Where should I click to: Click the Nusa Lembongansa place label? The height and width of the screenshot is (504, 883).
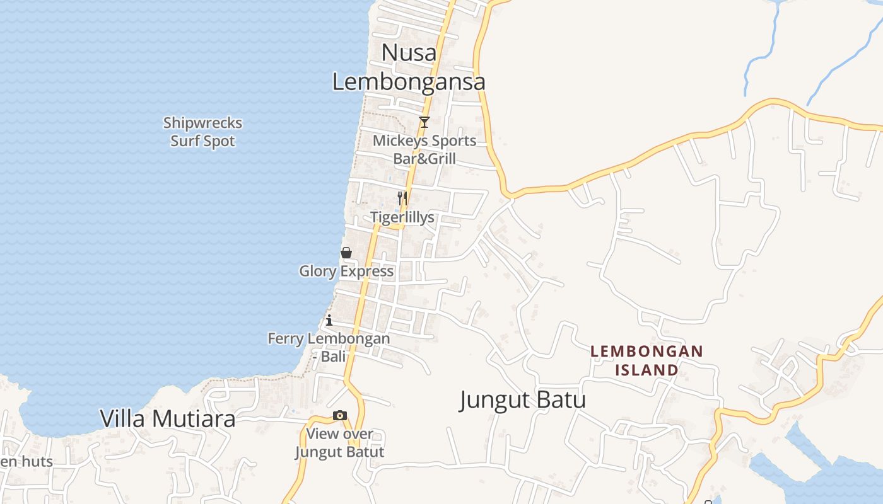pos(409,67)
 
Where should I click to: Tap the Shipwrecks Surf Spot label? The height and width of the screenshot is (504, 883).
pos(202,132)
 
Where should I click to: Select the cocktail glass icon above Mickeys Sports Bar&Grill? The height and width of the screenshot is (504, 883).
pos(424,122)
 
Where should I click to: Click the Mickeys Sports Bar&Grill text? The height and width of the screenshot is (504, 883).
pos(424,149)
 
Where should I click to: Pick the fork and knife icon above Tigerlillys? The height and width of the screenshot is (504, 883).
pos(402,198)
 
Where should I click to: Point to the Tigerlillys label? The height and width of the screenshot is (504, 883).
pos(402,217)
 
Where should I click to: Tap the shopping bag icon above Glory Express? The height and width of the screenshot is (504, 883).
pos(346,253)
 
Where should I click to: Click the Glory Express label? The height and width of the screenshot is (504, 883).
pos(346,272)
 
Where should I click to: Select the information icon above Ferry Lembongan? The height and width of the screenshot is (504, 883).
pos(329,320)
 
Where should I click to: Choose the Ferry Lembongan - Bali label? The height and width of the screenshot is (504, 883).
pos(329,347)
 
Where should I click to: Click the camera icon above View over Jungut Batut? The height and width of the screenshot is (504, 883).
pos(340,415)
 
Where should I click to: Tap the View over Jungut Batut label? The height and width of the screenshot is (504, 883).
pos(340,443)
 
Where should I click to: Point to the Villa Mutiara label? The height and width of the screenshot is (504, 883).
pos(168,418)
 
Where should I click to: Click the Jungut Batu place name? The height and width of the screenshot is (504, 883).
pos(523,400)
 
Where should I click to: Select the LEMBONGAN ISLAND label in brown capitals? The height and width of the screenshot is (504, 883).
pos(646,360)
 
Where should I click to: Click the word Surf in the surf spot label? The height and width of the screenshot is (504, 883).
pos(185,141)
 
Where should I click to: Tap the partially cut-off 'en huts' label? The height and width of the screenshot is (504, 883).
pos(26,461)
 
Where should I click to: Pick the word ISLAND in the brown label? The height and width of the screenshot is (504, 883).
pos(646,370)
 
